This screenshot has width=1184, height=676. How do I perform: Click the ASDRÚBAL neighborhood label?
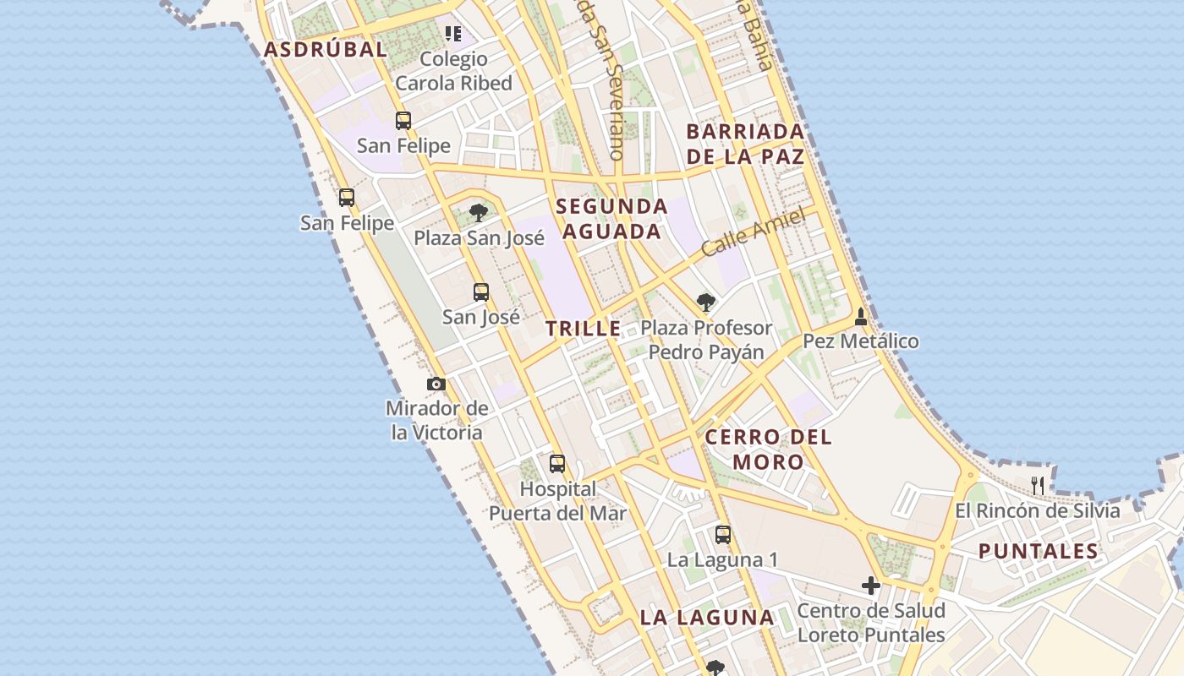325,49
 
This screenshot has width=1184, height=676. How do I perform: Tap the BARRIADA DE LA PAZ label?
745,144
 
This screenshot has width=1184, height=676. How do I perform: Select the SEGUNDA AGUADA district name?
611,219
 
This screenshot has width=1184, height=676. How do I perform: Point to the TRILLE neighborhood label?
584,329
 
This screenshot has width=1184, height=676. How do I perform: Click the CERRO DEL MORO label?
768,449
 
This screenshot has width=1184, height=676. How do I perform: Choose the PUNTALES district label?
1039,552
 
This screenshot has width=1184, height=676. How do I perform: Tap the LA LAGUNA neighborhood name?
707,617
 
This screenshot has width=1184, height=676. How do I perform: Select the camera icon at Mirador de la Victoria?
436,384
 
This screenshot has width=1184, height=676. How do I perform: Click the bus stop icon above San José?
481,292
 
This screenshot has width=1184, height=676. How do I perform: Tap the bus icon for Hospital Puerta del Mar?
557,464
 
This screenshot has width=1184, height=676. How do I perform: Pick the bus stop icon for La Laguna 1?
722,534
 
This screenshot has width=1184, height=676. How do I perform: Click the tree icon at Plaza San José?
479,212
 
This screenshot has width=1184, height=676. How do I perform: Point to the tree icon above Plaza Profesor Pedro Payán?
705,302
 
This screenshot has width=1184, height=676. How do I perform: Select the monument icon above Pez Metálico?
861,317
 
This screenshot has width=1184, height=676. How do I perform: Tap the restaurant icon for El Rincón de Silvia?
1038,485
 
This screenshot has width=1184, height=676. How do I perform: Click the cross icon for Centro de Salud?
870,585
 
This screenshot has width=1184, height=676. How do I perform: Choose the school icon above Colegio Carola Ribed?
453,34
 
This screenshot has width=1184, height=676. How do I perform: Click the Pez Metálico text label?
860,341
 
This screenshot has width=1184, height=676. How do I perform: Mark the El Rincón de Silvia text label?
1037,510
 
